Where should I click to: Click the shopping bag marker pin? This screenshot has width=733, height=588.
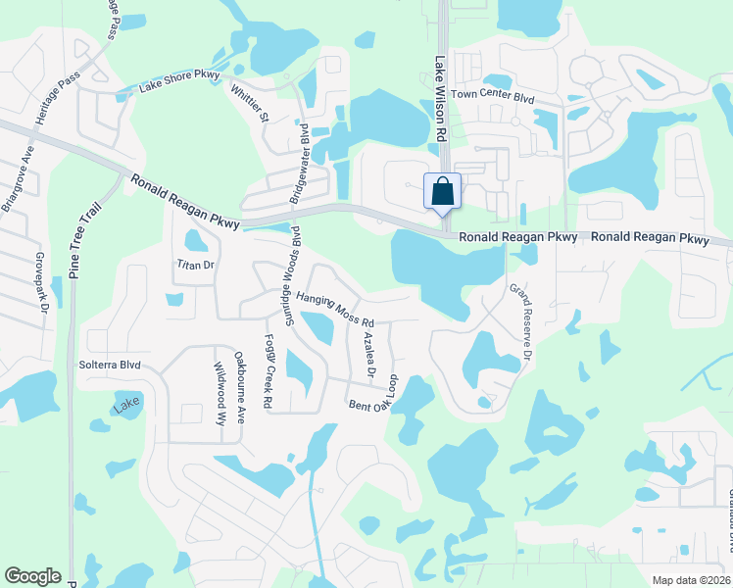(442, 191)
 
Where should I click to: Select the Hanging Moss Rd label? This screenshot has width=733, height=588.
(336, 309)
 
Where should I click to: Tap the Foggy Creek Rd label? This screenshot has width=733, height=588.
(269, 373)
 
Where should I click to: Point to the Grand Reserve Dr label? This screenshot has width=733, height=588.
(518, 321)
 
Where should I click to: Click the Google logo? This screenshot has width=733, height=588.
(32, 576)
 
